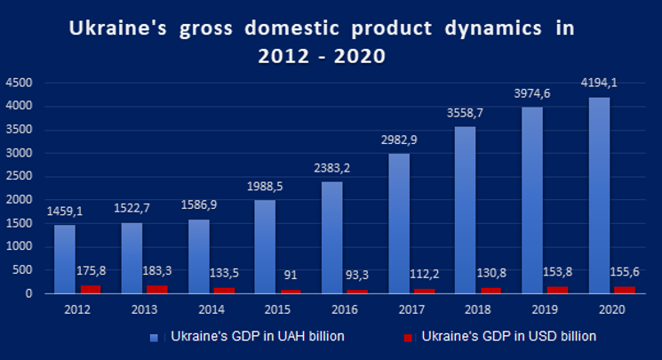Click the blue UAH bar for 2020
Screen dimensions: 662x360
pos(599,196)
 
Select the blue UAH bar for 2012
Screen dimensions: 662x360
pos(65,259)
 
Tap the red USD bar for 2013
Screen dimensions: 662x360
pos(157,290)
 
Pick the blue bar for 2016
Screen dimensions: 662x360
pos(332,237)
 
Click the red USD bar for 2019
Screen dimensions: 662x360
pos(558,290)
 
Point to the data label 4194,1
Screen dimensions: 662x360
pos(599,83)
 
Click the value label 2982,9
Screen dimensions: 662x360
pos(399,140)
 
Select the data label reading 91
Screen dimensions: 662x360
pos(291,275)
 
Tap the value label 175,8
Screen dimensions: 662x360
pos(92,271)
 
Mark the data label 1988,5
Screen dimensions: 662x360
pos(265,187)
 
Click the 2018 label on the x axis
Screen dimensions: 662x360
pos(478,309)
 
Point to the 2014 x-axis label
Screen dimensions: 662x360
pos(211,309)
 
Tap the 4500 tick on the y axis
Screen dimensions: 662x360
pos(19,83)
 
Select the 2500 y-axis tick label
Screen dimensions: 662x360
pos(19,176)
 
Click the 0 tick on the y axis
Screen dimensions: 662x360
pos(28,293)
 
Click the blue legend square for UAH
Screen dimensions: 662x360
pos(154,338)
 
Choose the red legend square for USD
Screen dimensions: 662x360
pos(408,338)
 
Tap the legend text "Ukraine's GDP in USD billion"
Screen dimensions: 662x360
pos(509,336)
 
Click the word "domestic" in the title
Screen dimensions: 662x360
pos(291,28)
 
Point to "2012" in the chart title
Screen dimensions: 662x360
pos(283,56)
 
